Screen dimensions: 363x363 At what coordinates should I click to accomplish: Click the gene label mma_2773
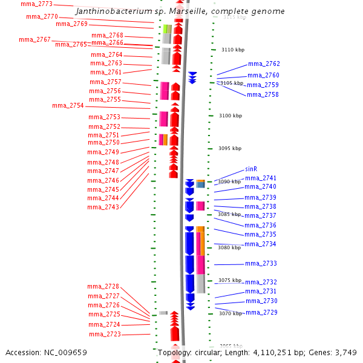[x=36, y=4]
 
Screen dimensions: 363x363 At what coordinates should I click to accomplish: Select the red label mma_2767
[x=34, y=39]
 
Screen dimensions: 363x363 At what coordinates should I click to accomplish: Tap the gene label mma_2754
[x=68, y=106]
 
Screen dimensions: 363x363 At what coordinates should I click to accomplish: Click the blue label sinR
[x=251, y=169]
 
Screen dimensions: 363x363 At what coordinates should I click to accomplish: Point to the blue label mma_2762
[x=264, y=64]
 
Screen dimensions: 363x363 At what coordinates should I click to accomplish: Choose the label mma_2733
[x=261, y=264]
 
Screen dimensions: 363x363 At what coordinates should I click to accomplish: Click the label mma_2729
[x=261, y=312]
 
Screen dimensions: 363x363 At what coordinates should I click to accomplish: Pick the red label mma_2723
[x=105, y=335]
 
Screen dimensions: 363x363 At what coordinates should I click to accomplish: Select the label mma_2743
[x=103, y=208]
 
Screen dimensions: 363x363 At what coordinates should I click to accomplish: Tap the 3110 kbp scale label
[x=233, y=50]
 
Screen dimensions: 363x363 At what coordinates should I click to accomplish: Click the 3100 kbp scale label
[x=231, y=116]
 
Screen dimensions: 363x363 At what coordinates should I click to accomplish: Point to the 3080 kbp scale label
[x=229, y=247]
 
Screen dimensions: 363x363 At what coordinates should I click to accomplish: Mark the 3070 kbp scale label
[x=229, y=313]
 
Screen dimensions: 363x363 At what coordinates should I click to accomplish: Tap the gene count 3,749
[x=344, y=352]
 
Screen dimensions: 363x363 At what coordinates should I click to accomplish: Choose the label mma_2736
[x=260, y=225]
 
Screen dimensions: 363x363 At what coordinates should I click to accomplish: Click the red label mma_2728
[x=103, y=287]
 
